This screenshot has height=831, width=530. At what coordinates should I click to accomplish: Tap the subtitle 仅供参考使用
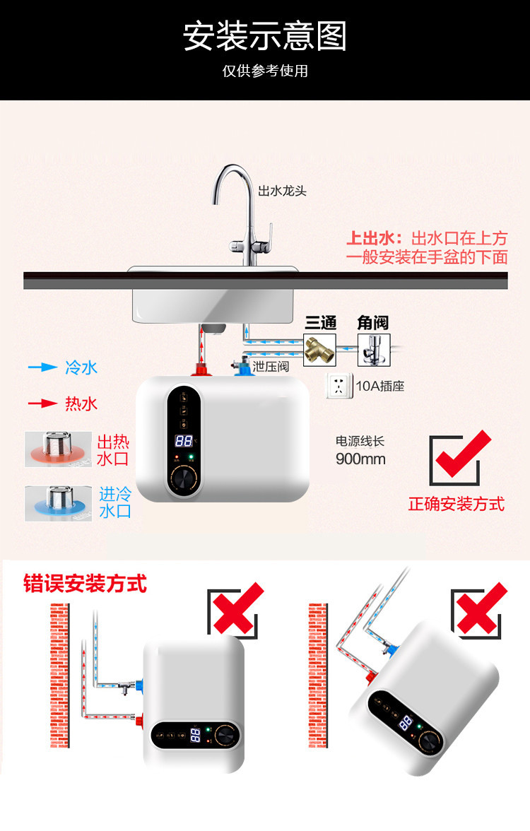click(265, 71)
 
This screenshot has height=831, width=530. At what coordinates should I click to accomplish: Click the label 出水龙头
click(282, 191)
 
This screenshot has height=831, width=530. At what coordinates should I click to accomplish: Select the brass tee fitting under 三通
click(319, 349)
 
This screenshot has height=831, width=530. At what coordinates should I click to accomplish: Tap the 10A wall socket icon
click(340, 386)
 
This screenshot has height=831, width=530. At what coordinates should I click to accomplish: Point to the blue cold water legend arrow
click(42, 367)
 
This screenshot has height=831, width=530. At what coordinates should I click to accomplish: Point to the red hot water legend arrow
click(42, 403)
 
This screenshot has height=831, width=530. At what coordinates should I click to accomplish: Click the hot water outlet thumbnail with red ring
click(58, 449)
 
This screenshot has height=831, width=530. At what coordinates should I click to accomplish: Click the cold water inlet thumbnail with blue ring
click(58, 503)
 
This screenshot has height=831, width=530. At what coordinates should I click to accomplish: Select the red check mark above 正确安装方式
click(459, 458)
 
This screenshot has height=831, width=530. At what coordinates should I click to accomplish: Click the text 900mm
click(360, 459)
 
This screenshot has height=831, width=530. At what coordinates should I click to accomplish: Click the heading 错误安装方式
click(85, 584)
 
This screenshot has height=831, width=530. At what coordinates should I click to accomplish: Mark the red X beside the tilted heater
click(481, 608)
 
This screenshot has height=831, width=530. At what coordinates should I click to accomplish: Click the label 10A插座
click(380, 387)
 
